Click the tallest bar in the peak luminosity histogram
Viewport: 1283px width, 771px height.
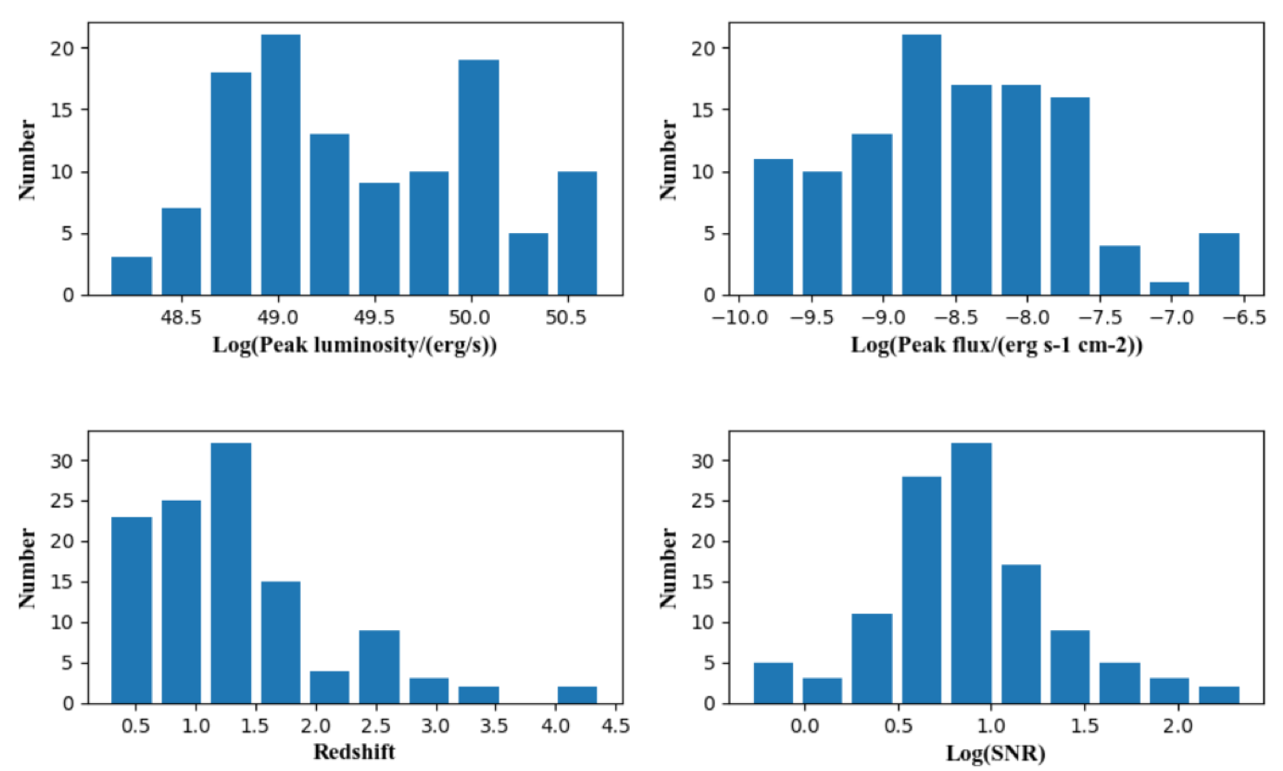pos(281,165)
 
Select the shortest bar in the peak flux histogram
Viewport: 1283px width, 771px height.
pos(1169,289)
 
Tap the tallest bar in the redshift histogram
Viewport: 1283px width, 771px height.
pos(231,574)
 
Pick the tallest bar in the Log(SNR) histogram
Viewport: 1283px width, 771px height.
pos(971,574)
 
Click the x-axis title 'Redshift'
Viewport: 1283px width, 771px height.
pos(354,752)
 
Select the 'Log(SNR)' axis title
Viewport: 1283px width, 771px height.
pos(995,753)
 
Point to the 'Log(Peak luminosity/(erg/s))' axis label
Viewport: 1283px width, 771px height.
pos(354,345)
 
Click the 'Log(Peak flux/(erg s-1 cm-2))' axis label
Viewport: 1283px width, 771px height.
pos(996,345)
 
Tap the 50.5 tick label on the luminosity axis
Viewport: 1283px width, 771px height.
pos(565,317)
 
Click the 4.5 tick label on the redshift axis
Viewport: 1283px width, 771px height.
pos(615,726)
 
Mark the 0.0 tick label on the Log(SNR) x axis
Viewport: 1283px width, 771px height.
pos(804,726)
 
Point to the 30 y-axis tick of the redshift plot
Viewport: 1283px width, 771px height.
pos(62,461)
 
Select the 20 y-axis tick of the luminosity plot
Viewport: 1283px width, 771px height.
pos(62,49)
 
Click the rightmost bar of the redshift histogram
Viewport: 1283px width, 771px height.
pos(577,695)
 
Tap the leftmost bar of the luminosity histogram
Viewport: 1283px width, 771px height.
pos(131,276)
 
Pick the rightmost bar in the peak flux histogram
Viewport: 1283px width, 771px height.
pos(1219,264)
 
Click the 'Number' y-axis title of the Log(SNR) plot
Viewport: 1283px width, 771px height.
pos(667,568)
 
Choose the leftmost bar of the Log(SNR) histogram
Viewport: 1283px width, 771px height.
pos(773,683)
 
